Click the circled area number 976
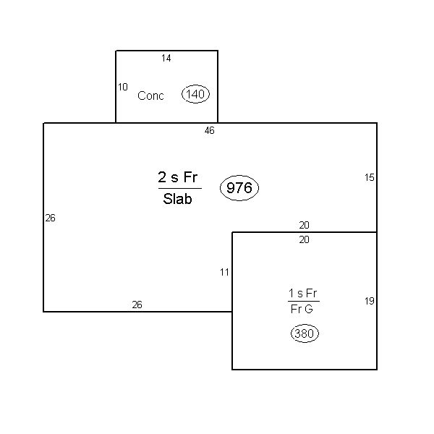click(x=239, y=188)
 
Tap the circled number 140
click(x=195, y=94)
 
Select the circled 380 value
click(x=305, y=333)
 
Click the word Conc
click(x=150, y=95)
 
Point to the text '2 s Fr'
click(x=178, y=177)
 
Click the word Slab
click(x=177, y=199)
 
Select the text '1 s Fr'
click(x=302, y=293)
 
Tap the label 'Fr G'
click(x=302, y=309)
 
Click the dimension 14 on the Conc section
click(x=166, y=58)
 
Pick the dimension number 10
click(x=123, y=87)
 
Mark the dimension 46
click(x=210, y=130)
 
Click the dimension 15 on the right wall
click(x=369, y=177)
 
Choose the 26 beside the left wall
click(x=51, y=218)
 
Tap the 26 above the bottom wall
click(x=137, y=305)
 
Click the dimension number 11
click(x=224, y=273)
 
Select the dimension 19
click(x=369, y=301)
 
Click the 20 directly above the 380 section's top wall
click(x=305, y=225)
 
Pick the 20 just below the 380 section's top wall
click(x=305, y=239)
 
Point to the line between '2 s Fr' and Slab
click(x=180, y=189)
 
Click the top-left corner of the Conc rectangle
click(x=116, y=51)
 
